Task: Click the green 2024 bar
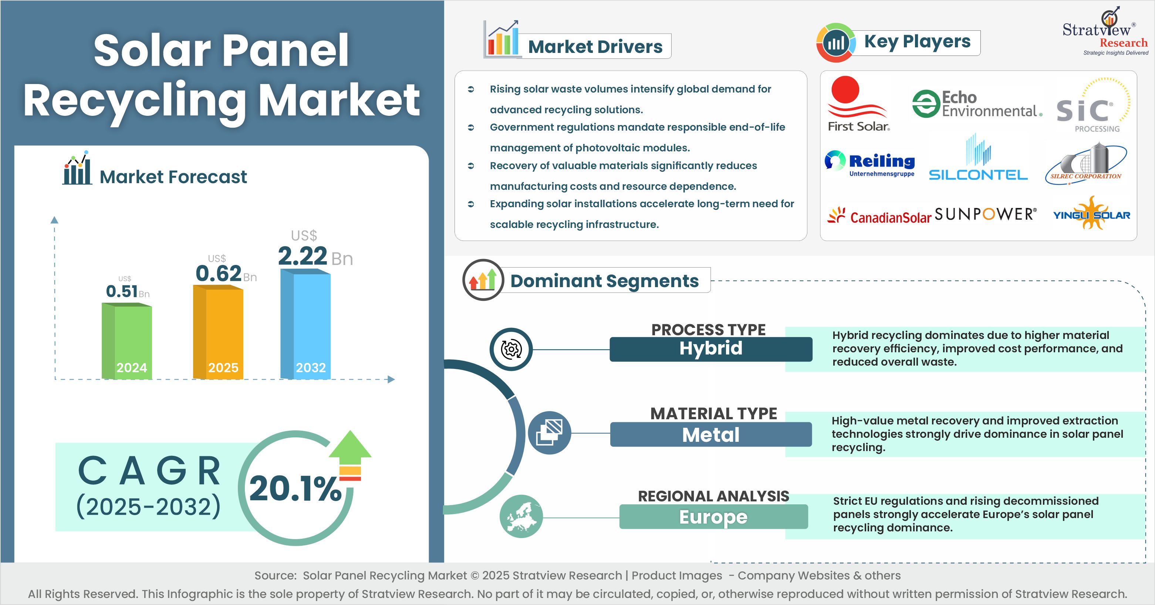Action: point(127,341)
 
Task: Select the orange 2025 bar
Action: point(218,332)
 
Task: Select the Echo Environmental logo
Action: point(976,104)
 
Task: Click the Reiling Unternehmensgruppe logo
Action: point(870,164)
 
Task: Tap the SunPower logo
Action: point(986,214)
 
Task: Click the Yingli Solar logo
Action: point(1091,214)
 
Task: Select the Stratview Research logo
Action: point(1105,32)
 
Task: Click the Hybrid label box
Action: point(711,349)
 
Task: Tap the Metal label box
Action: point(711,434)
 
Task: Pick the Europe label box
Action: point(713,517)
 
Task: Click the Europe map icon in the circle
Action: point(521,516)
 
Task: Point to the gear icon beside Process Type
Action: point(511,349)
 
